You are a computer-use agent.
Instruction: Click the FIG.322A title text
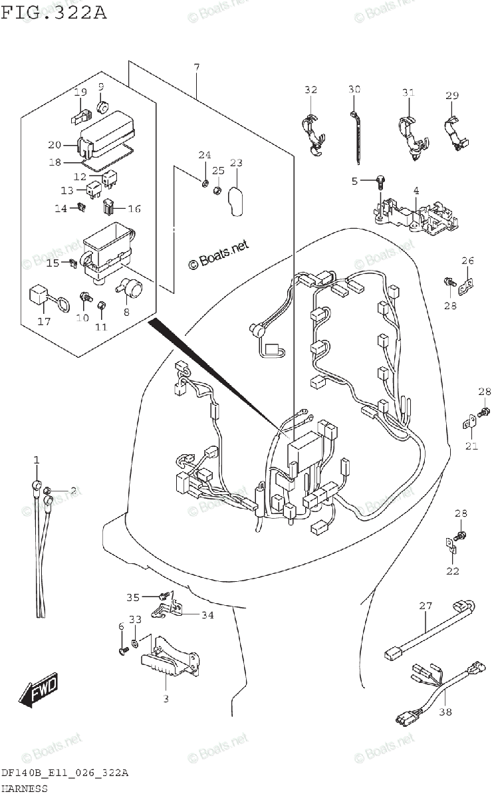(x=54, y=13)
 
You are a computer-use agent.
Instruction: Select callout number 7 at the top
(x=197, y=67)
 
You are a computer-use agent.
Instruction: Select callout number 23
(x=236, y=163)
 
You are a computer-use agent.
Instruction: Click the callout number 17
(x=44, y=323)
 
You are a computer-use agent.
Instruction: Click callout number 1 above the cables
(x=37, y=460)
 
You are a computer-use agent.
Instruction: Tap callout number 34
(x=207, y=615)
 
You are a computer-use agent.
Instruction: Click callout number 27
(x=426, y=606)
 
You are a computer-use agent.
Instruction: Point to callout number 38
(x=445, y=712)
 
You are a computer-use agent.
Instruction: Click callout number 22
(x=453, y=571)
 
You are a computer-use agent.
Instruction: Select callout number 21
(x=471, y=446)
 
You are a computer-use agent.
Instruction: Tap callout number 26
(x=468, y=260)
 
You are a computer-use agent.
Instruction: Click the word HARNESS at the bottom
(x=25, y=789)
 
